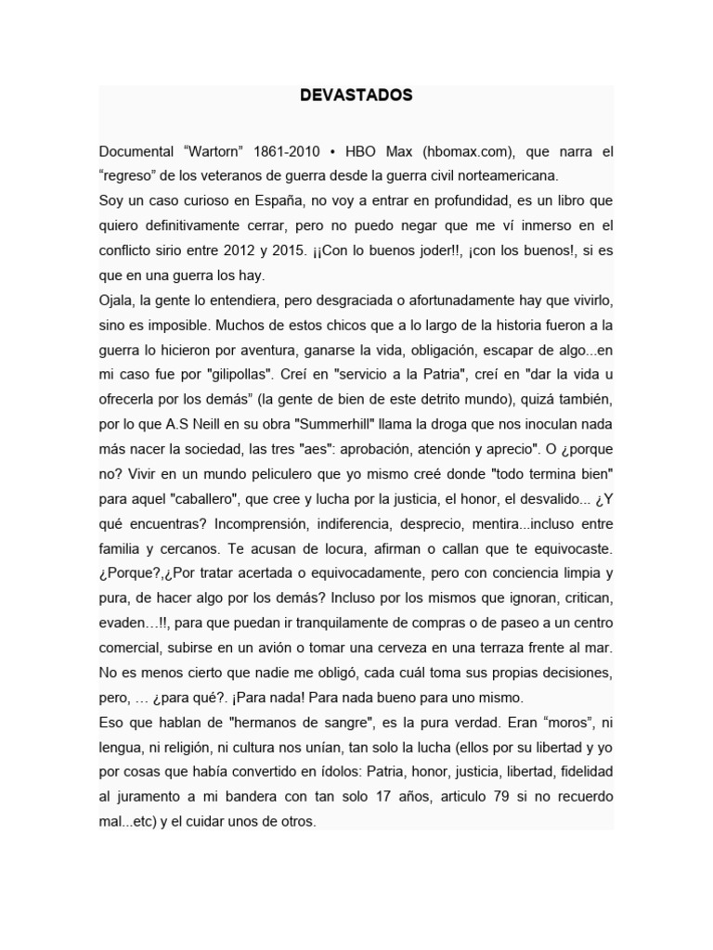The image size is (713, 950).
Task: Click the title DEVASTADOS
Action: coord(356,96)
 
